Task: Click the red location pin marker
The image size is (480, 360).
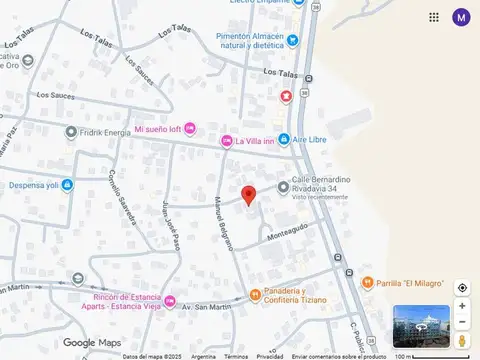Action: (x=249, y=194)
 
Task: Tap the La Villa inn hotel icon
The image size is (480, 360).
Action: (x=227, y=142)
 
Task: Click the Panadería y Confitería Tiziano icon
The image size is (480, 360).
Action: (x=255, y=295)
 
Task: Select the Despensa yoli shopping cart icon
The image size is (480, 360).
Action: (x=66, y=184)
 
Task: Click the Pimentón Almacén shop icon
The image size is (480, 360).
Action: (x=292, y=40)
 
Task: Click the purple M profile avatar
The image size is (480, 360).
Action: (x=461, y=17)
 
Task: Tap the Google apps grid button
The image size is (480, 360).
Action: (x=434, y=17)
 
